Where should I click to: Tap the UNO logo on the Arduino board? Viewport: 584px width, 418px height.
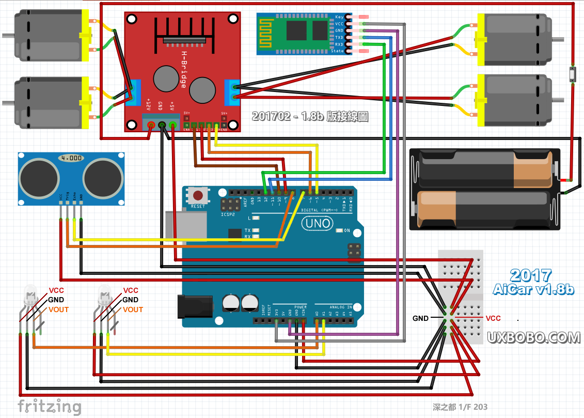pos(314,224)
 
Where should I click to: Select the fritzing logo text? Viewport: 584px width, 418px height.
pos(50,406)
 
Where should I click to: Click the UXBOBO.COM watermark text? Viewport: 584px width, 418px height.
pos(534,337)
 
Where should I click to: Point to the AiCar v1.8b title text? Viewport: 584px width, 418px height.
pos(533,289)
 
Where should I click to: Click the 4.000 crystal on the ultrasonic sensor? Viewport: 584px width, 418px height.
pos(71,158)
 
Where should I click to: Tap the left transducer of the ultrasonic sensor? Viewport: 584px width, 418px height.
pos(39,178)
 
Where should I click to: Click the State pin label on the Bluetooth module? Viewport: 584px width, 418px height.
pos(337,51)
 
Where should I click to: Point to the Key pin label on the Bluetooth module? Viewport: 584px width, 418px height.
pos(339,17)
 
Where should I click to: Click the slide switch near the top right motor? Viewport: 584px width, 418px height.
pos(572,74)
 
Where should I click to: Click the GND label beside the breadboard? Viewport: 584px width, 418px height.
pos(420,318)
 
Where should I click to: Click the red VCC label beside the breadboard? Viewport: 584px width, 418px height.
pos(493,318)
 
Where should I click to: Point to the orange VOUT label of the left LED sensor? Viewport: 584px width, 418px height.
pos(58,309)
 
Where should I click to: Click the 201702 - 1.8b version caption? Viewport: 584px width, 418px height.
pos(310,117)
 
